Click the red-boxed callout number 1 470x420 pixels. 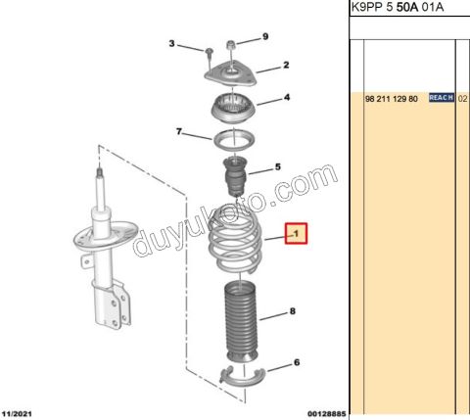coord(297,233)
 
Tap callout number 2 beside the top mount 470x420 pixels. coord(286,65)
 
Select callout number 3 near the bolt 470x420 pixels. coord(171,43)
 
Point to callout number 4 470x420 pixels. coord(287,97)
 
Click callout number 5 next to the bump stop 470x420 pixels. coord(278,167)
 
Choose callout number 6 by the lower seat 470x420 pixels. coord(297,362)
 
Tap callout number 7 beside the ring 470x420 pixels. coord(179,131)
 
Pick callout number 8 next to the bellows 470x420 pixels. coord(293,311)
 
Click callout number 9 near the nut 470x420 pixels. coord(265,36)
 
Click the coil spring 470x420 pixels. coord(235,242)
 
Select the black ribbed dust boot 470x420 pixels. coord(241,321)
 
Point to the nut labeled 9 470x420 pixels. coord(231,45)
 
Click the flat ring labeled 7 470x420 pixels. coord(234,140)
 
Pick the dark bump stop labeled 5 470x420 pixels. coord(235,176)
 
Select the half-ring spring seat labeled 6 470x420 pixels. coord(243,376)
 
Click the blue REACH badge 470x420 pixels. coord(442,97)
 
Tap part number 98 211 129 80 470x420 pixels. coord(392,99)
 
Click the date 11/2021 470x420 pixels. coord(17,414)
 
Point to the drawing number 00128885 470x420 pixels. coord(326,414)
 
